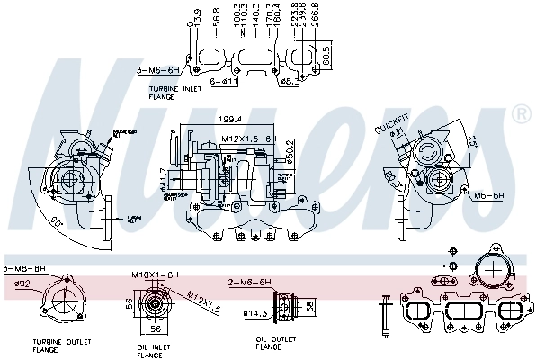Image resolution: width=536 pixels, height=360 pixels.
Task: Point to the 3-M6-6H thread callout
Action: coord(154,68)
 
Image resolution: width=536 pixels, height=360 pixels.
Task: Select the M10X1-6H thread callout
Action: coord(156,274)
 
